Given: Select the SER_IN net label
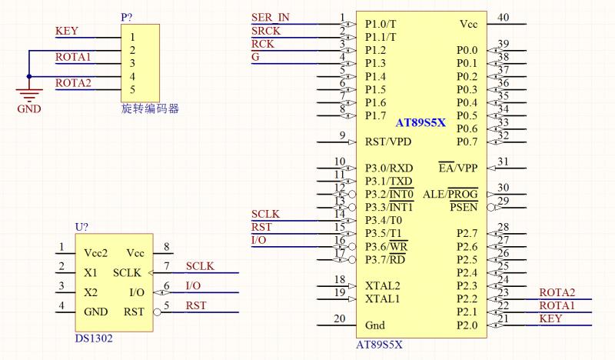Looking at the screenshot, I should point(271,18).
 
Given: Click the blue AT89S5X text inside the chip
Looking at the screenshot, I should point(421,122).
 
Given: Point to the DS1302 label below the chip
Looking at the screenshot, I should point(94,338).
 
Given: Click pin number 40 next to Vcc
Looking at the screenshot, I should point(503,18).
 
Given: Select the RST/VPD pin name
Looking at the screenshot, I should point(388,142).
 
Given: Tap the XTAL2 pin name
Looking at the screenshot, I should point(382,285).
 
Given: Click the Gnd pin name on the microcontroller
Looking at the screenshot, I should point(374,325).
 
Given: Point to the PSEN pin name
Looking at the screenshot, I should point(464,207).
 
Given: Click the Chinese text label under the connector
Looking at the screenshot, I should point(150,108).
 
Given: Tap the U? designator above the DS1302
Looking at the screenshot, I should point(83,227).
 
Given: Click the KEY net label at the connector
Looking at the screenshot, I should point(67,32).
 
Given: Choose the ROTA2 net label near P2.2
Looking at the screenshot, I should point(557,292).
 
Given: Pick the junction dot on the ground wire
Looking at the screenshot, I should point(29,76).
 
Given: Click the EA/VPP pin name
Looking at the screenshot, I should point(457,168).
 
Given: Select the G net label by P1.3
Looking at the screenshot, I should point(255,57).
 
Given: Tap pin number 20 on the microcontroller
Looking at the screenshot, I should point(339,318).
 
